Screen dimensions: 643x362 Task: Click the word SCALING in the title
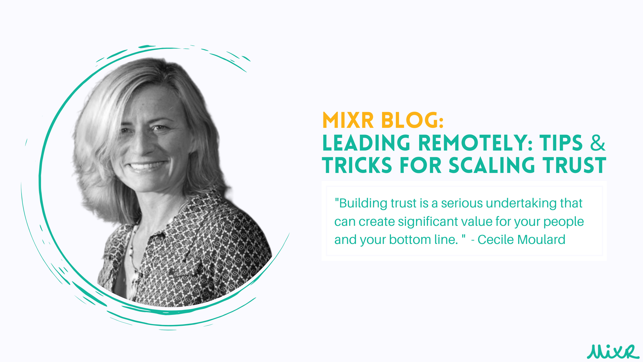click(492, 165)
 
